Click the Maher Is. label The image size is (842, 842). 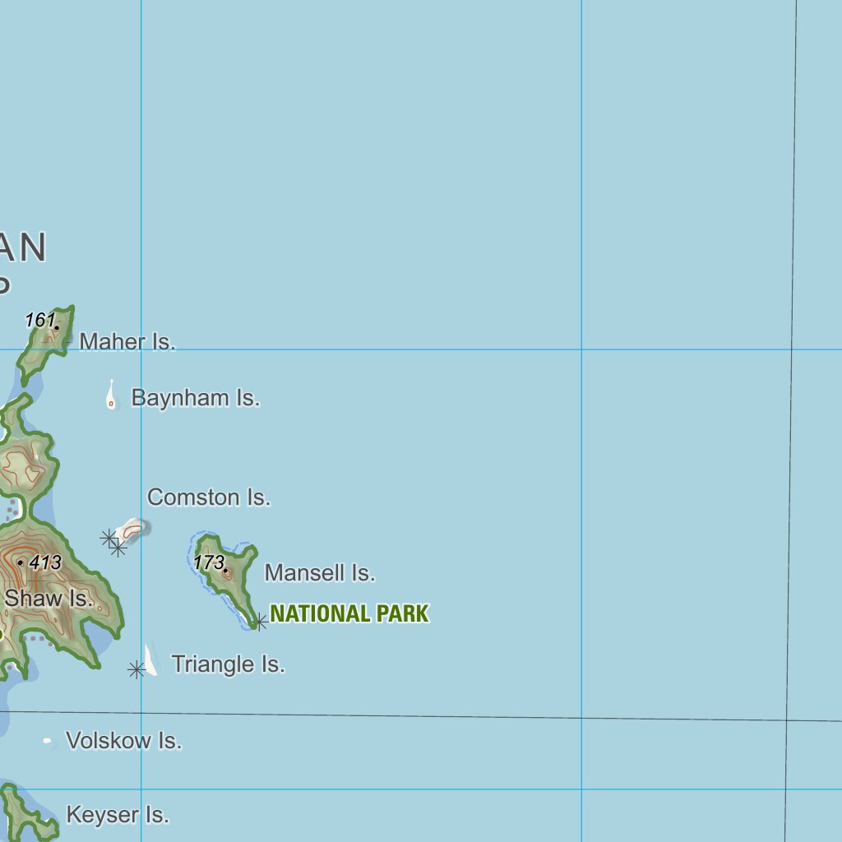[127, 341]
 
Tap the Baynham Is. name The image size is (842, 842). [196, 398]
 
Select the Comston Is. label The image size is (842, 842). [209, 497]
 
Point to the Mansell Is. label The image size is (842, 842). [320, 573]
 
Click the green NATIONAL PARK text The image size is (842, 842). [349, 614]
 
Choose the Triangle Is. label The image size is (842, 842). [228, 664]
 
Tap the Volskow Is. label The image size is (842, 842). [123, 741]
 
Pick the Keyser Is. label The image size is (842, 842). [118, 815]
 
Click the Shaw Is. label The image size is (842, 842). [49, 599]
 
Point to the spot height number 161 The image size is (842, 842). [39, 320]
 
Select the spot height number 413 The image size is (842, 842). [45, 563]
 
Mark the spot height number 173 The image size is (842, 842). [209, 563]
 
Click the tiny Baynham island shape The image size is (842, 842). [111, 397]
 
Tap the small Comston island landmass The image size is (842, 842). [132, 527]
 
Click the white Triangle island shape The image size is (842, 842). [150, 660]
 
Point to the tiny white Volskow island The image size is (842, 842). [48, 741]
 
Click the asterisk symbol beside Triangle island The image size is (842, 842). [136, 670]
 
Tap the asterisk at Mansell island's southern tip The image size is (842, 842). [259, 622]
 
